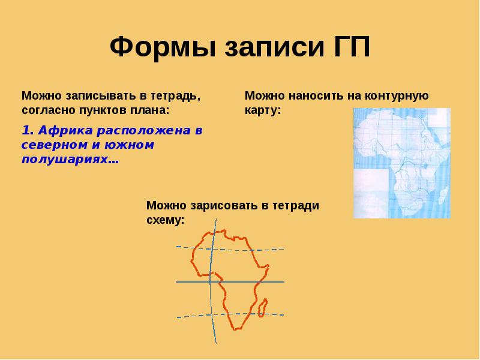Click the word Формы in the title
158,47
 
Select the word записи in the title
260,47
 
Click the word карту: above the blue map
262,110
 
